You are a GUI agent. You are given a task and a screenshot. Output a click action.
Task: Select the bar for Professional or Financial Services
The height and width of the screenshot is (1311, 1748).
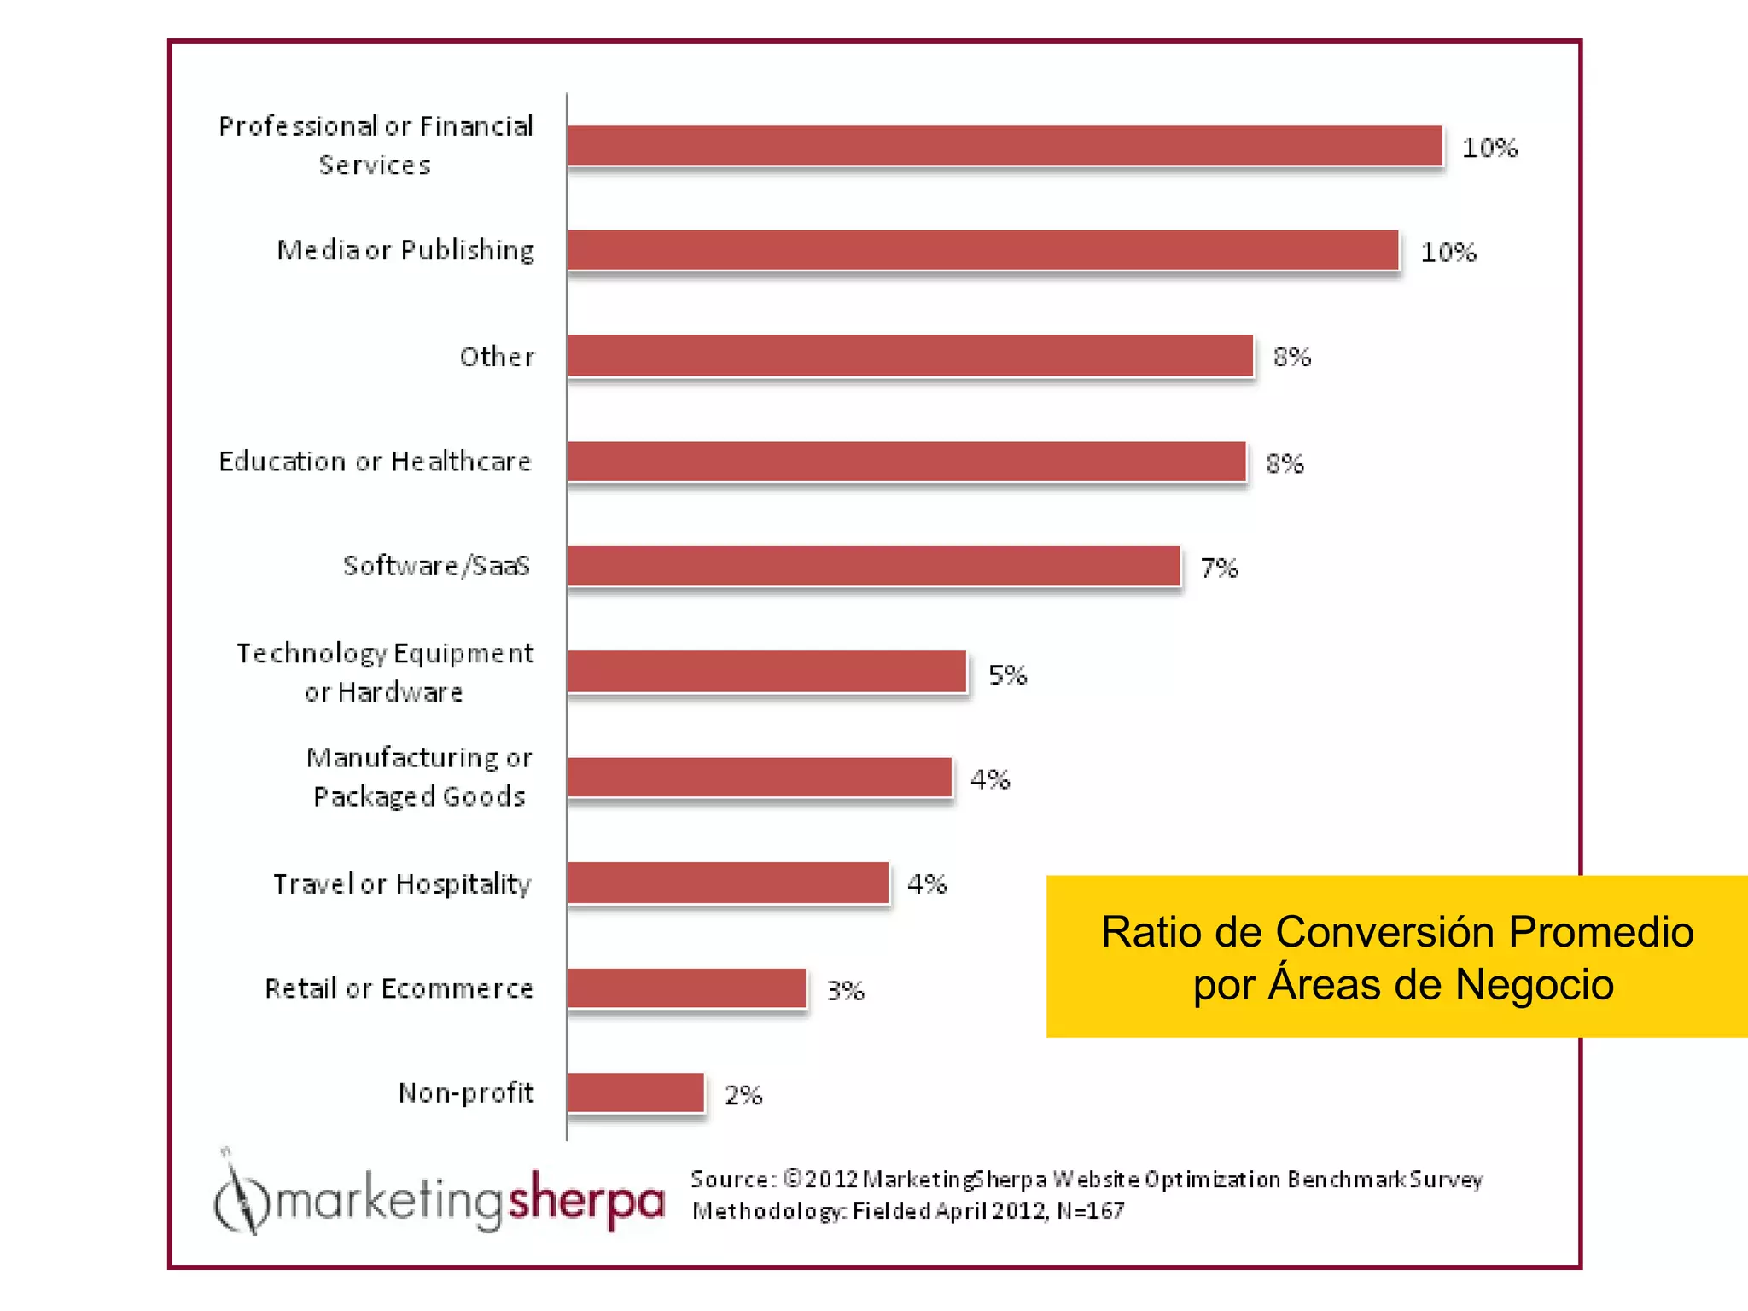tap(1005, 146)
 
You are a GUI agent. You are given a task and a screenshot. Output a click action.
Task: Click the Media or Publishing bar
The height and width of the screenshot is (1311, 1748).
tap(982, 250)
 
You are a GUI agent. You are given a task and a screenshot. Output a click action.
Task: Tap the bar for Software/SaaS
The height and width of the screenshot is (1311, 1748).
tap(873, 566)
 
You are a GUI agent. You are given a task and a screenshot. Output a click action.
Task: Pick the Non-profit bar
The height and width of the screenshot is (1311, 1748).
tap(635, 1093)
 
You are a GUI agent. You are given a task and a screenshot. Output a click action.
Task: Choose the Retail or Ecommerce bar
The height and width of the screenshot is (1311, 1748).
tap(686, 988)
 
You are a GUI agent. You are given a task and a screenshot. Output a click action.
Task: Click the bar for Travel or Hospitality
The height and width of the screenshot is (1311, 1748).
tap(728, 883)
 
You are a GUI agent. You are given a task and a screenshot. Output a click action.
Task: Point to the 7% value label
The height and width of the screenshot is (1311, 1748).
tap(1219, 568)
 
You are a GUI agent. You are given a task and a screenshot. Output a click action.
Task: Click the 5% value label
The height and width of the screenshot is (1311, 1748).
tap(1007, 675)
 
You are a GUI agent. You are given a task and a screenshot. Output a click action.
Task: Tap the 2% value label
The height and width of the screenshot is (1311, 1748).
tap(743, 1095)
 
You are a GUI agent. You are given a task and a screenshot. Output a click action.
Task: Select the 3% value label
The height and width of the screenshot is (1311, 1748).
tap(845, 991)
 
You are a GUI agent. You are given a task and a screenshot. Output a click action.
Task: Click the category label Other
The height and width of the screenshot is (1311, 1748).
tap(497, 357)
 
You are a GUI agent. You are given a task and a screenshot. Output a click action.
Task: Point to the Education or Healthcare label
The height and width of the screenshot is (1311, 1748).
tap(375, 462)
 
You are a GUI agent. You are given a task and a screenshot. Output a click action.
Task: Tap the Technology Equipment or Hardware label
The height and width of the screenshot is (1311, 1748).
tap(385, 673)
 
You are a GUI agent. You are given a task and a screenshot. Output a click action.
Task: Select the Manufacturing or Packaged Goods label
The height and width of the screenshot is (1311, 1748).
tap(418, 777)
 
